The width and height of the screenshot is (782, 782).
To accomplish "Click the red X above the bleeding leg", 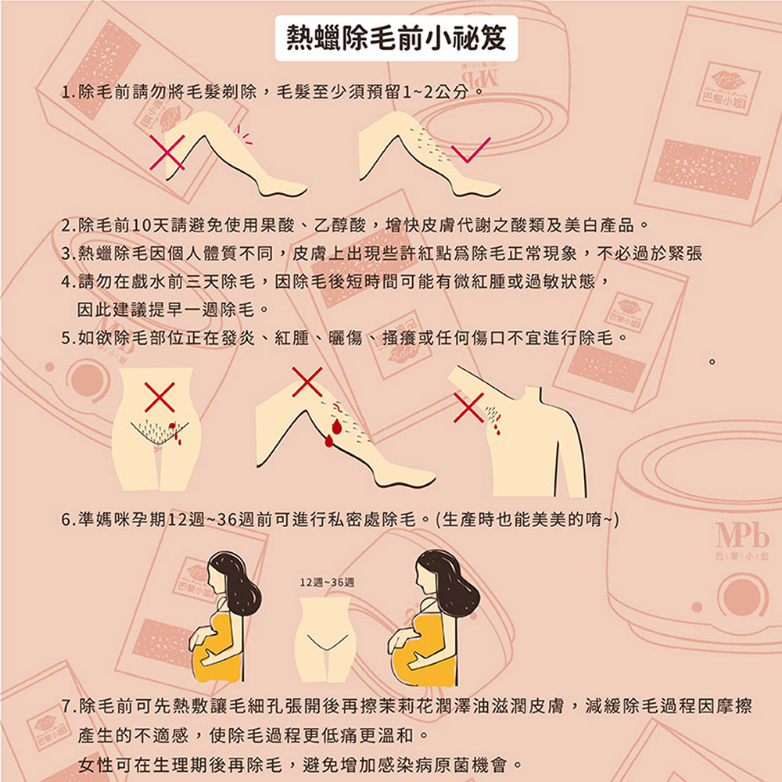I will tap(307, 381).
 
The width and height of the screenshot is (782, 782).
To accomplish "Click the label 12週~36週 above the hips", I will tap(327, 583).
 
